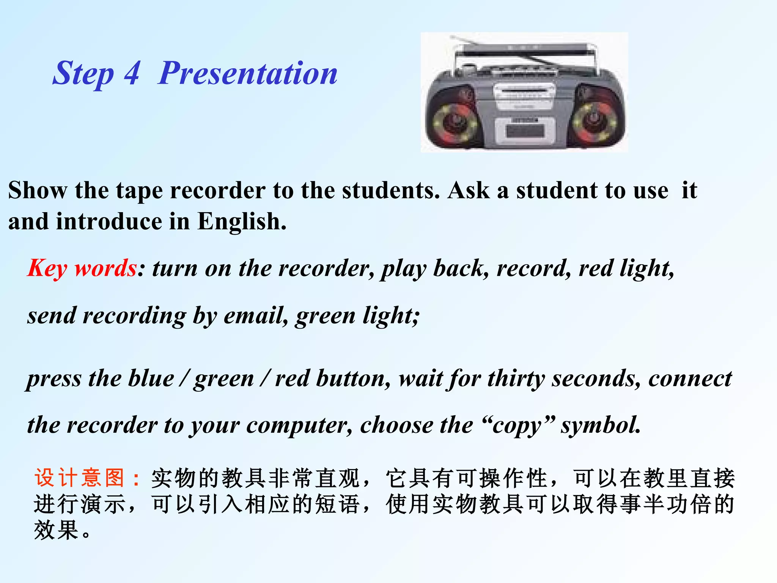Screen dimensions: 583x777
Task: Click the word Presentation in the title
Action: (x=247, y=73)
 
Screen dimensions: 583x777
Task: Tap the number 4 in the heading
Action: (x=132, y=73)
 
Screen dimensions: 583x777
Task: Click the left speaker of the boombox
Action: (x=453, y=121)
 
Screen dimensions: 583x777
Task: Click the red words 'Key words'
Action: (x=82, y=268)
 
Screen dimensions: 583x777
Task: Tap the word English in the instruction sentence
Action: (x=241, y=221)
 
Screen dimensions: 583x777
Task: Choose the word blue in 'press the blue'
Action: (x=151, y=379)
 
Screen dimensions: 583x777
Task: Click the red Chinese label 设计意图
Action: (x=80, y=478)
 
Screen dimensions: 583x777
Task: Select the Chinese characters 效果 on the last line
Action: (x=57, y=530)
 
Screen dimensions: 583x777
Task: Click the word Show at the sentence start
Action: (x=38, y=190)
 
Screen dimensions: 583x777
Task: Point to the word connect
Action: (x=690, y=379)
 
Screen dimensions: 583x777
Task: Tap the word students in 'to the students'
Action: (x=390, y=190)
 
